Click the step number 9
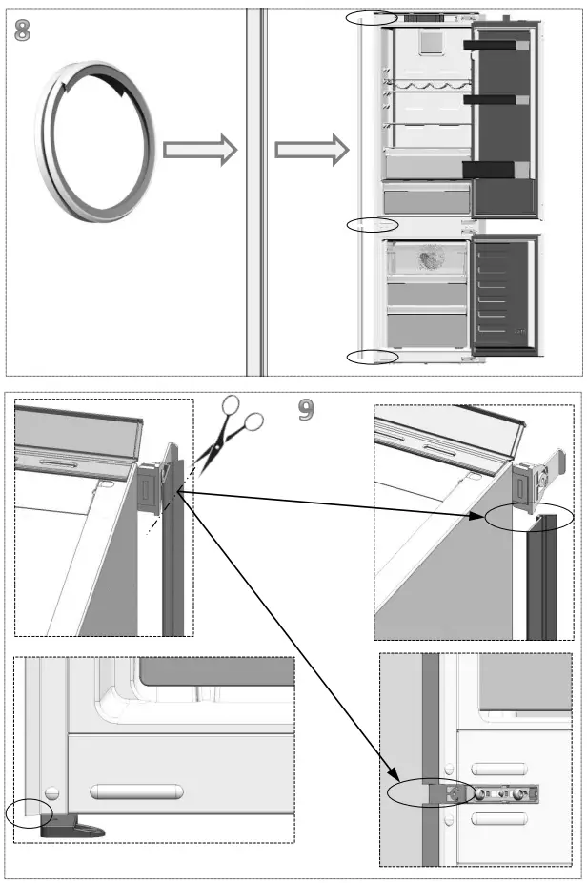[x=305, y=409]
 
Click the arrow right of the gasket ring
[x=199, y=150]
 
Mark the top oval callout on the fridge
[x=372, y=17]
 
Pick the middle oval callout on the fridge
[x=372, y=225]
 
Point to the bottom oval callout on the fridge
[x=372, y=357]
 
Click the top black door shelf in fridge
[x=496, y=44]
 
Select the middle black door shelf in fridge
[x=496, y=99]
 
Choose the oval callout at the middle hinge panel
[x=428, y=794]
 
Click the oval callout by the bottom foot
[x=28, y=813]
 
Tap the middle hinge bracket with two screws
[x=505, y=792]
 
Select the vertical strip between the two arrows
[x=254, y=191]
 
